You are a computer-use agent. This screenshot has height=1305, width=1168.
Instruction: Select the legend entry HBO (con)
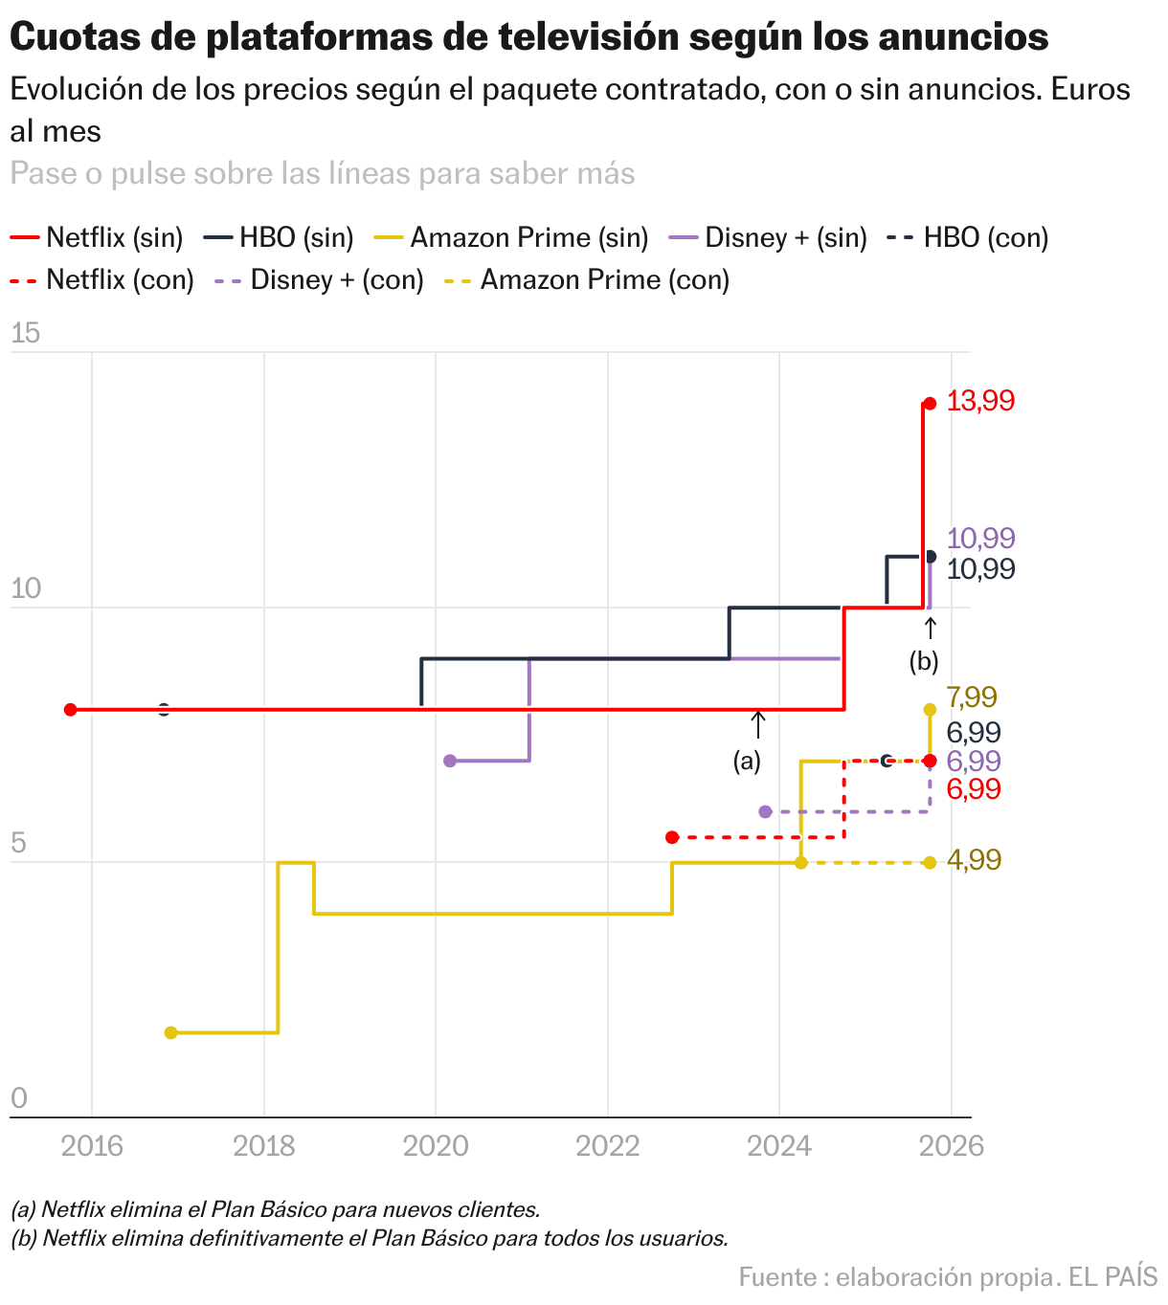[x=985, y=237]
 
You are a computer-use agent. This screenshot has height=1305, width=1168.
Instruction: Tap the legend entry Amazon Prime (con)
[x=604, y=280]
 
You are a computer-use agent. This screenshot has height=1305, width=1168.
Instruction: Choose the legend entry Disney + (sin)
[x=785, y=237]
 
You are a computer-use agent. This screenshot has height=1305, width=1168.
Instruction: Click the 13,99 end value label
[x=980, y=401]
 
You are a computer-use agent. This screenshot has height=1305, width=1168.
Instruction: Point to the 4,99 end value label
[x=974, y=860]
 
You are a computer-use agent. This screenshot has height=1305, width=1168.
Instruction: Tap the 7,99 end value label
[x=971, y=697]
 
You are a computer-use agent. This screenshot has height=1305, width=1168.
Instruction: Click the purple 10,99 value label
[x=980, y=539]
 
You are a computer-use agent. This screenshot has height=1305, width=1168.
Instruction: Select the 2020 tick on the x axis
[x=436, y=1145]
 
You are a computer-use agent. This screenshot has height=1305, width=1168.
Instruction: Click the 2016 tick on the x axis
[x=92, y=1145]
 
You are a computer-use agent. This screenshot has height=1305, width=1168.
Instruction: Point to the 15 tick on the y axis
[x=26, y=334]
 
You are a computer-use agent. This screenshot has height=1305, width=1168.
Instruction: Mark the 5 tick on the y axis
[x=18, y=844]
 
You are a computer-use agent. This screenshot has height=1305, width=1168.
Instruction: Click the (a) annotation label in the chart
[x=747, y=762]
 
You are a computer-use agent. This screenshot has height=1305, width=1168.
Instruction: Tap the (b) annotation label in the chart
[x=924, y=661]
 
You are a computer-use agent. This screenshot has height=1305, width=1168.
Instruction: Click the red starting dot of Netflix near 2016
[x=70, y=709]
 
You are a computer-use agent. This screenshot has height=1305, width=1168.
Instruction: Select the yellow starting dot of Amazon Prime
[x=171, y=1032]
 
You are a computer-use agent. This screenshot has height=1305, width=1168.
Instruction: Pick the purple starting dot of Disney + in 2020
[x=450, y=761]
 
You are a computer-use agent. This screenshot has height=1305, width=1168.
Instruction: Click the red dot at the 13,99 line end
[x=929, y=404]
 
